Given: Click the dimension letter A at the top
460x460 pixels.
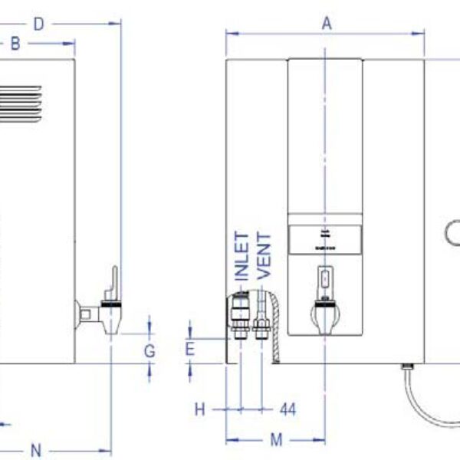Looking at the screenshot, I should [x=327, y=24].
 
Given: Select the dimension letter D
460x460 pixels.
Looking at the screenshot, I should [x=38, y=25].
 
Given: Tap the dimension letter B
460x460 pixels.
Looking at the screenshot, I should [x=15, y=44].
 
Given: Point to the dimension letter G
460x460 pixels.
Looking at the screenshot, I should [x=150, y=351].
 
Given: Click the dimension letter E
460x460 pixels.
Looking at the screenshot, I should [x=190, y=350].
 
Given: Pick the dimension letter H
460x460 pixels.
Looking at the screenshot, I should [x=199, y=410].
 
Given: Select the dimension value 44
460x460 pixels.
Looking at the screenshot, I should [x=287, y=410].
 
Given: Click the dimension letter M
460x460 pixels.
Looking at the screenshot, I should [x=277, y=439].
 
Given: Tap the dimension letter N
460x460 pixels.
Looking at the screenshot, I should [x=36, y=449].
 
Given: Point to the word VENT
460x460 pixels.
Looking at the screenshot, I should [x=264, y=255].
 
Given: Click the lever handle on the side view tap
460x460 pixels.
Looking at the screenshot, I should [x=113, y=282].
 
